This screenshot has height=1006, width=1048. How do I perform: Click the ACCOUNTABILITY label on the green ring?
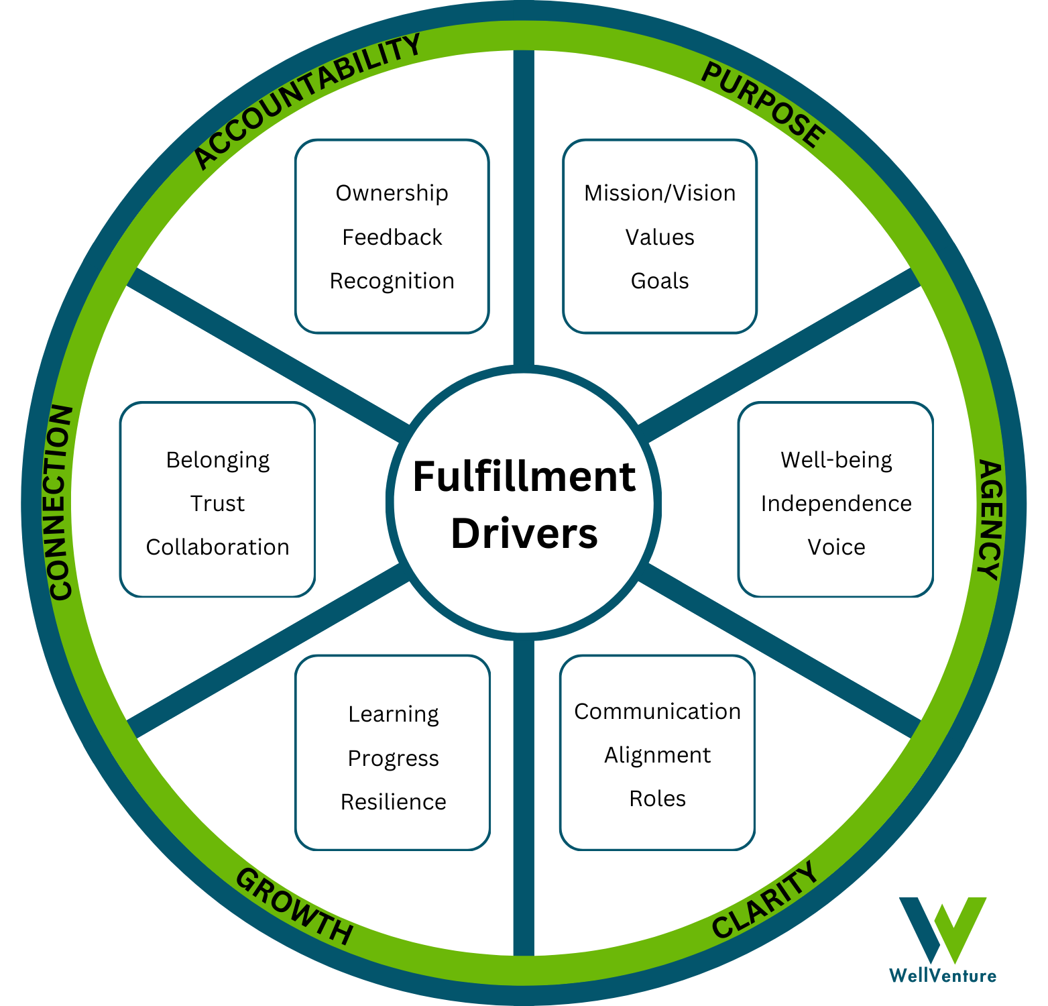pyautogui.click(x=306, y=101)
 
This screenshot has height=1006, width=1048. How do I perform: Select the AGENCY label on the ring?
pyautogui.click(x=990, y=519)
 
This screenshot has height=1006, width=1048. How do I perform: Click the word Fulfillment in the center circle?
pyautogui.click(x=524, y=477)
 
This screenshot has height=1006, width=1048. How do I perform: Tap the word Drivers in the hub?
pyautogui.click(x=524, y=534)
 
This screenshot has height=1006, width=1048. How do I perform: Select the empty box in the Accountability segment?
pyautogui.click(x=392, y=236)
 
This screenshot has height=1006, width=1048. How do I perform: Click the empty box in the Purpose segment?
pyautogui.click(x=660, y=236)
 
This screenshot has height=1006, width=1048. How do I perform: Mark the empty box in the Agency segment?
pyautogui.click(x=835, y=499)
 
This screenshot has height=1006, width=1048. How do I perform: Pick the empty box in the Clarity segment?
pyautogui.click(x=658, y=752)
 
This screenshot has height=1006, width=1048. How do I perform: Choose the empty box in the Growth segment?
pyautogui.click(x=393, y=752)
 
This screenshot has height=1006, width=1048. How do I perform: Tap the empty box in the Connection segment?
pyautogui.click(x=217, y=499)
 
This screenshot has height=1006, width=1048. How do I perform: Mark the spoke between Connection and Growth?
pyautogui.click(x=268, y=651)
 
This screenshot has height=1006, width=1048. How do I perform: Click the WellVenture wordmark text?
pyautogui.click(x=942, y=975)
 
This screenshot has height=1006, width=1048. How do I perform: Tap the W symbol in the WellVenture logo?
pyautogui.click(x=942, y=929)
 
